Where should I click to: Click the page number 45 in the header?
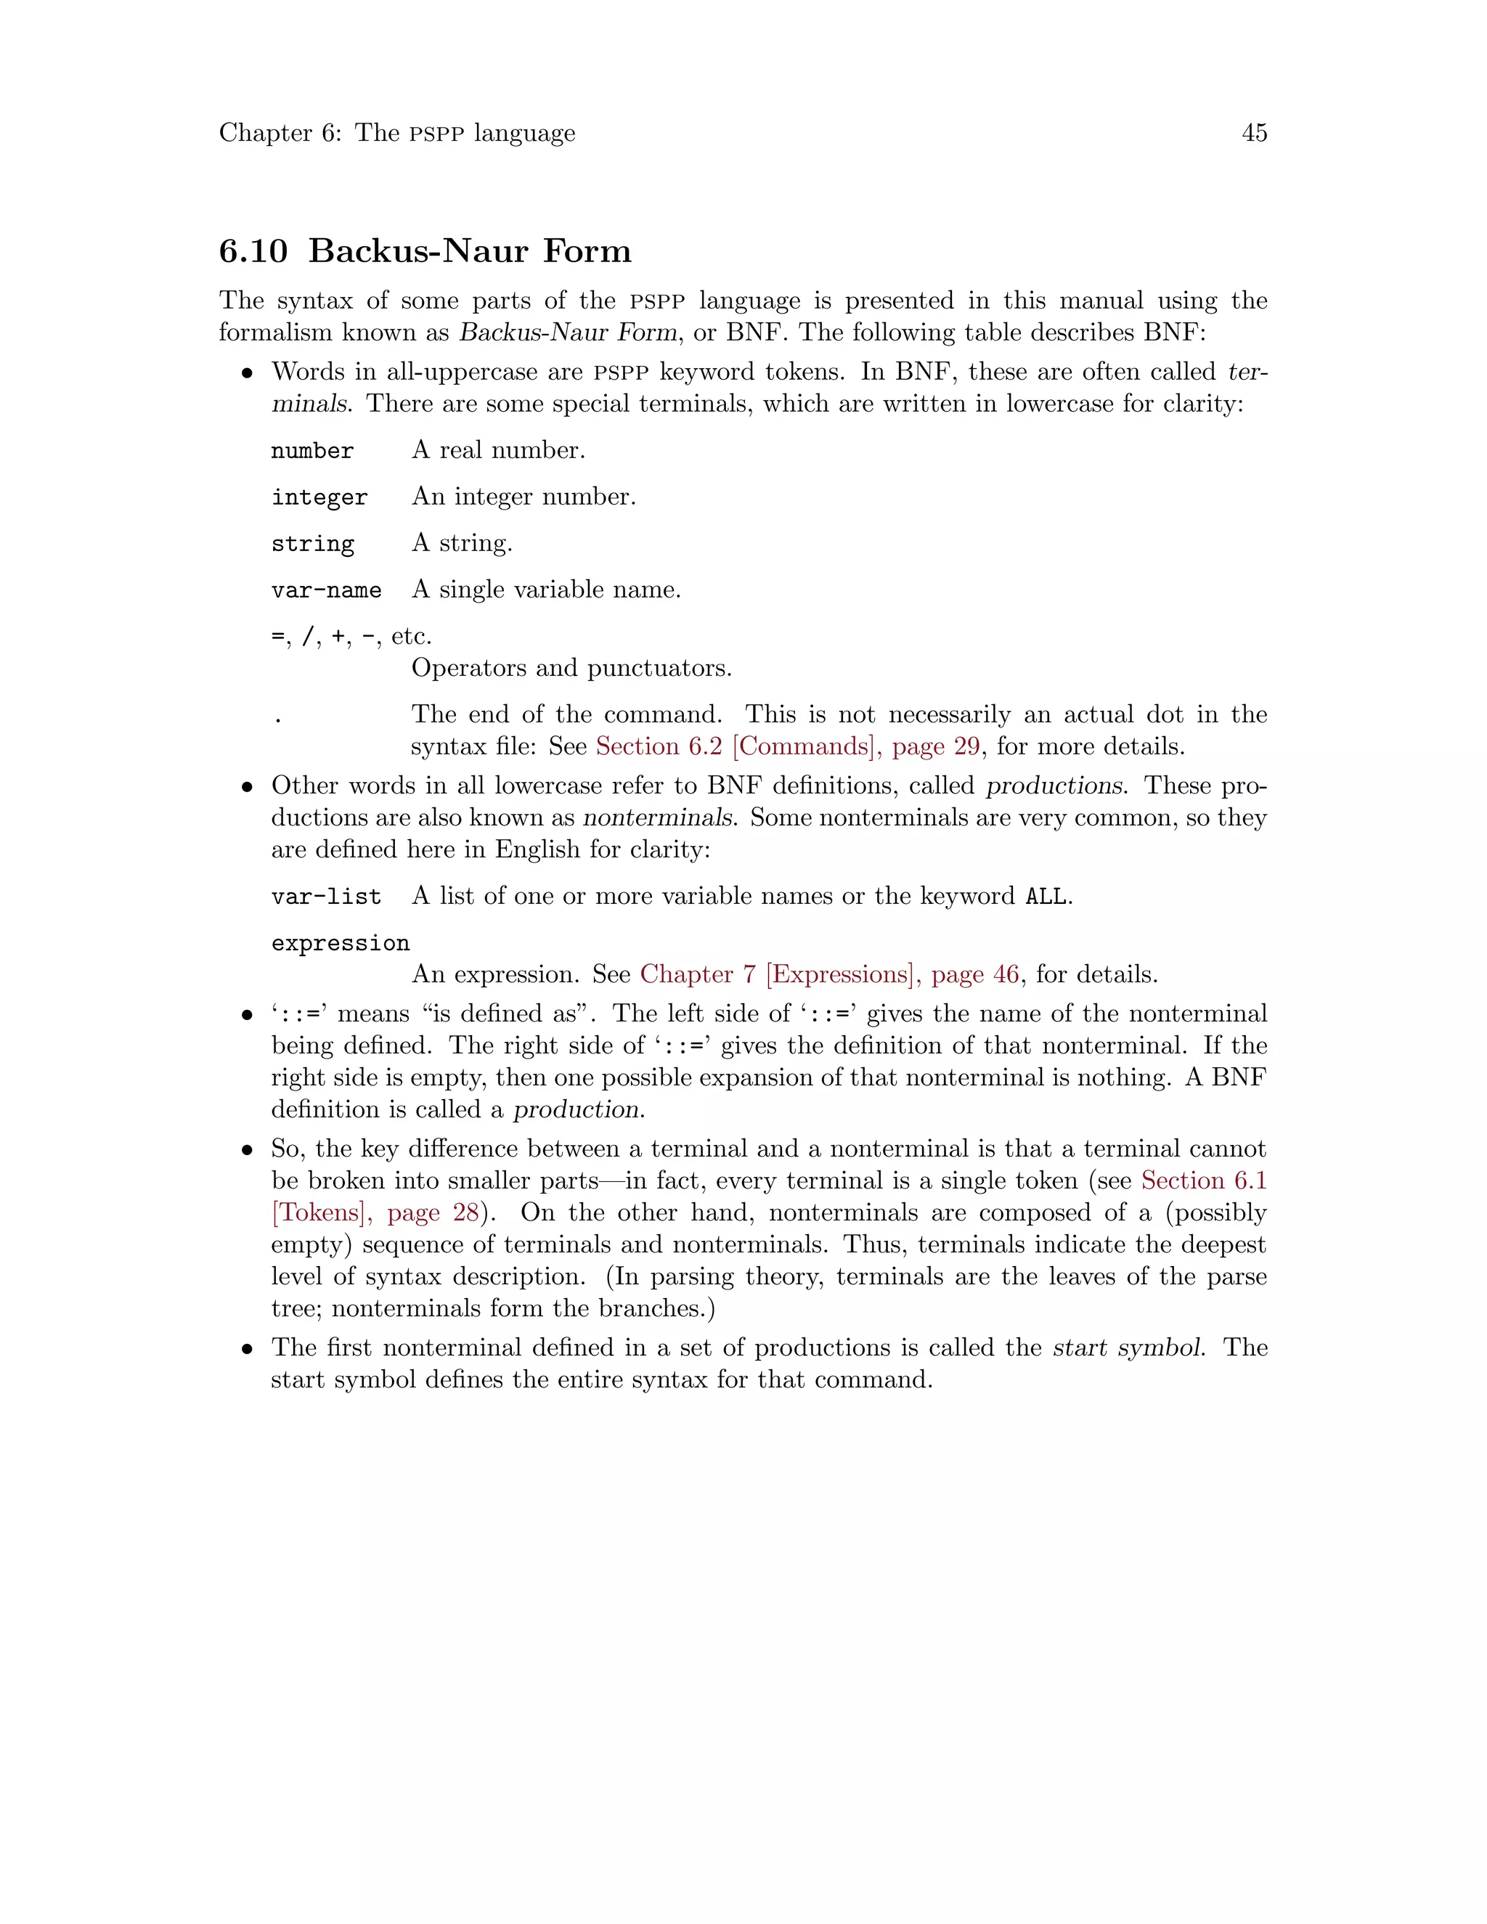point(1253,133)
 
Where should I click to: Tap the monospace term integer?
point(319,498)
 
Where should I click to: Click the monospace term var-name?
point(326,590)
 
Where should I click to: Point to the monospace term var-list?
point(326,897)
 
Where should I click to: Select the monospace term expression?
point(340,944)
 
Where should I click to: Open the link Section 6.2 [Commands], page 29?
point(788,747)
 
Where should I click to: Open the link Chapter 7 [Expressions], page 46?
point(829,974)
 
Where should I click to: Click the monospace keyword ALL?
point(1046,897)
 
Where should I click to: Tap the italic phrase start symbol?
point(1128,1348)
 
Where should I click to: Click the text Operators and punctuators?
point(571,669)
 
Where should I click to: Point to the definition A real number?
point(497,451)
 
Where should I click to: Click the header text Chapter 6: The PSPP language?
point(396,133)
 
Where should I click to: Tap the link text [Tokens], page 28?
point(375,1213)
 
